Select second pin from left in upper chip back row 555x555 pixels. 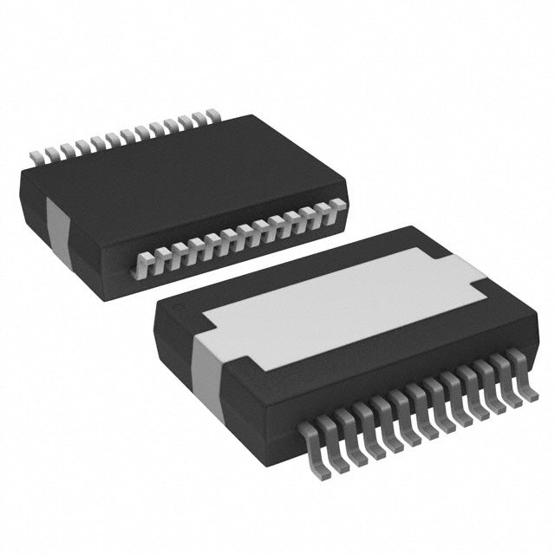click(x=51, y=153)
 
